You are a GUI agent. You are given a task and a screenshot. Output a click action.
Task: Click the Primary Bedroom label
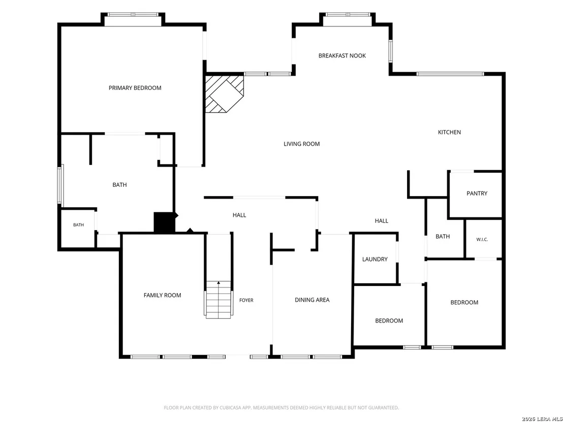[x=135, y=88]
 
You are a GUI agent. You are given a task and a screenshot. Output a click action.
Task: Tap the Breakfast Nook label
[x=342, y=56]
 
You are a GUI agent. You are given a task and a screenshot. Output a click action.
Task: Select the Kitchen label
[x=449, y=132]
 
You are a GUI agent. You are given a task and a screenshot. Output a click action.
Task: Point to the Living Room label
[x=302, y=144]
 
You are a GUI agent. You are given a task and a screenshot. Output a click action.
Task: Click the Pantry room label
[x=477, y=193]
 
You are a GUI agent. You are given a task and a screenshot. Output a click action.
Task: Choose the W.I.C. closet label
[x=482, y=239]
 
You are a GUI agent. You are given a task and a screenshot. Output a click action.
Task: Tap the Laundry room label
[x=375, y=259]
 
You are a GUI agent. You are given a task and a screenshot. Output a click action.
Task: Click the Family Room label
[x=162, y=296]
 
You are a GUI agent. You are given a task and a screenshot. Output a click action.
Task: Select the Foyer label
[x=246, y=300]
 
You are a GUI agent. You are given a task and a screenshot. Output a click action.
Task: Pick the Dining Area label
[x=312, y=300]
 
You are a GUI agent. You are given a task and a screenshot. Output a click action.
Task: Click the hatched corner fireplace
[x=225, y=93]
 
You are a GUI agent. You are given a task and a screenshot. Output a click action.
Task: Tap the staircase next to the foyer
[x=218, y=300]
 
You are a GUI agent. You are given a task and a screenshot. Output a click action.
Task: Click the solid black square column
[x=165, y=222]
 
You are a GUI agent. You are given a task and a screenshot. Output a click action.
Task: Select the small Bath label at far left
[x=79, y=225]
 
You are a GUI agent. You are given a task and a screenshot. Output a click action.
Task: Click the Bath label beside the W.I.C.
[x=443, y=237]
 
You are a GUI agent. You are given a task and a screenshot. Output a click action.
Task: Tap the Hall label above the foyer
[x=239, y=215]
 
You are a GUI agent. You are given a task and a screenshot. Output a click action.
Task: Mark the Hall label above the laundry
[x=381, y=221]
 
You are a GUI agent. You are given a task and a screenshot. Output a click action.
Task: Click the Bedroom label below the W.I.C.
[x=464, y=303]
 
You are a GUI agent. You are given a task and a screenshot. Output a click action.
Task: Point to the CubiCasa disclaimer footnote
[x=281, y=408]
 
